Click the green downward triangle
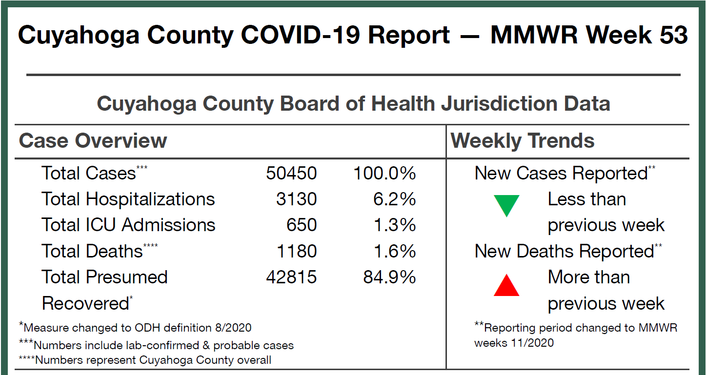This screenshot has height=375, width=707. (506, 205)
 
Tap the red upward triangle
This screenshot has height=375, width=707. (506, 286)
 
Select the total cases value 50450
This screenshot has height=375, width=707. (291, 173)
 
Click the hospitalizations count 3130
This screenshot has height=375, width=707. (296, 199)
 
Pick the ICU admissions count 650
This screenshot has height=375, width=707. (301, 225)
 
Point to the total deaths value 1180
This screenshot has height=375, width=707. (296, 251)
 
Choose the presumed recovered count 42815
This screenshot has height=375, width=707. (291, 277)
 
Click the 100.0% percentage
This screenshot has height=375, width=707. (384, 173)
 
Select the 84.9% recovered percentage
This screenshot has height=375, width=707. (389, 277)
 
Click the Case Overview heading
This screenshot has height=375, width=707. (93, 141)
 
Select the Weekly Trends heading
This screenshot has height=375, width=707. (523, 141)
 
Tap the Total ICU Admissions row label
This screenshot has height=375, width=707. (128, 225)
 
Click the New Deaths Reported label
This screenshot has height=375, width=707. (564, 251)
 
